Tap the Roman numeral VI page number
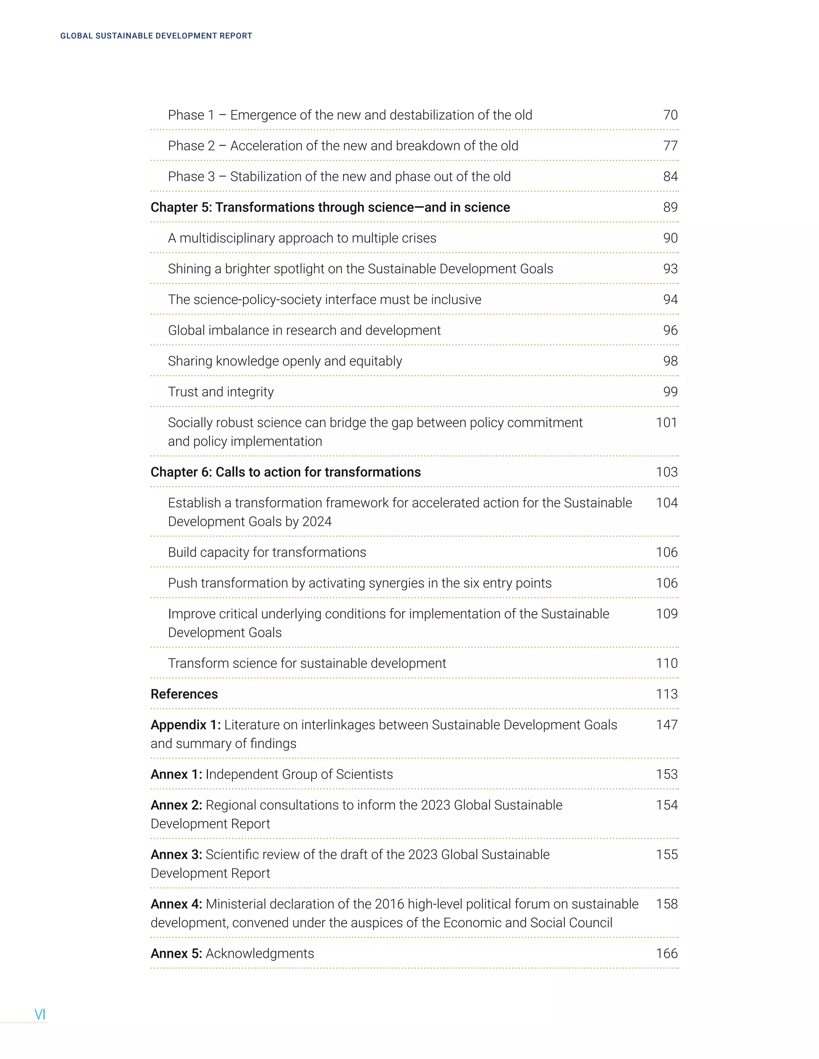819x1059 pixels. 40,1014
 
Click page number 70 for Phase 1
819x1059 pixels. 670,115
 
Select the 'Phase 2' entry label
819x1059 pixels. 191,146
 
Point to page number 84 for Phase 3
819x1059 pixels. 670,177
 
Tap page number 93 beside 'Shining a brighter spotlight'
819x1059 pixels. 670,269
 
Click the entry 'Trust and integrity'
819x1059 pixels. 221,392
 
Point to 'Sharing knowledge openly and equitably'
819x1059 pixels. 285,361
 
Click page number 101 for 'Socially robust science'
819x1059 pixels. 666,423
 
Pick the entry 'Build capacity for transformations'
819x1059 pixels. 267,552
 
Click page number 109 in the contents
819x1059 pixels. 666,614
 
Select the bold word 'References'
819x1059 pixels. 184,695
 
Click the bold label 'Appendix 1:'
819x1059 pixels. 185,725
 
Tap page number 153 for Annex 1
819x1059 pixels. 666,774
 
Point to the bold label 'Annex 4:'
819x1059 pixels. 176,904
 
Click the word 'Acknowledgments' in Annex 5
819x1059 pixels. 260,954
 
